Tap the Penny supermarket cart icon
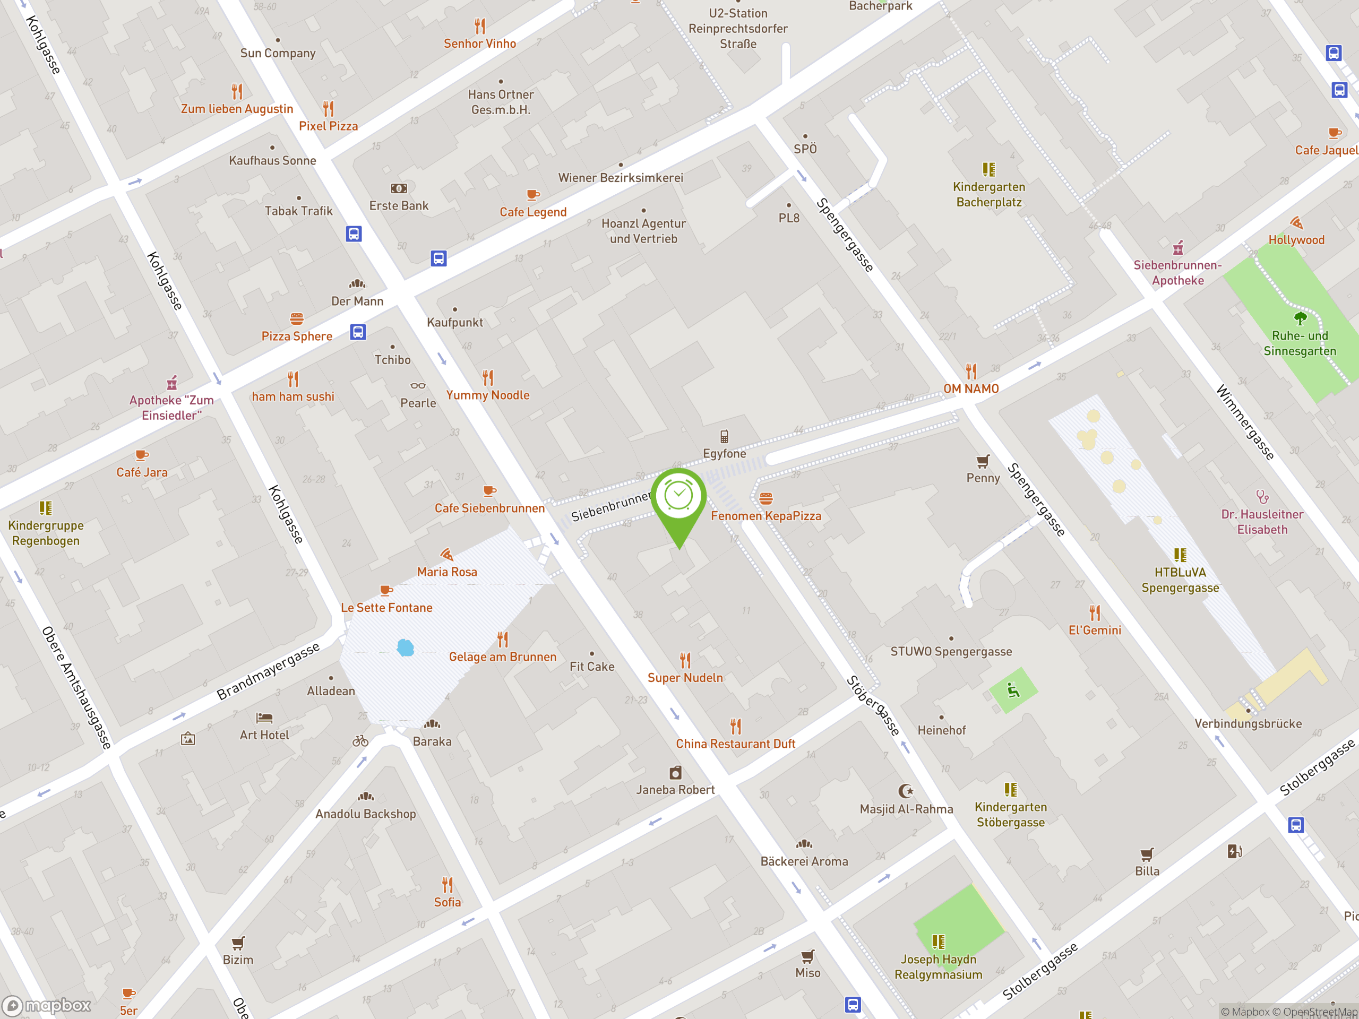[983, 461]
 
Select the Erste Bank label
[399, 206]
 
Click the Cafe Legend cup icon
[532, 195]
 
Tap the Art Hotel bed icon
[264, 718]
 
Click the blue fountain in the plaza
[406, 647]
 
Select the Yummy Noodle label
[488, 395]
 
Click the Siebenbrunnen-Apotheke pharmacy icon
[1178, 248]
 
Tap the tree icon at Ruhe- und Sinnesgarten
[1300, 318]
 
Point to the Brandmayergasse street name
[269, 671]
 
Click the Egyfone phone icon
[724, 436]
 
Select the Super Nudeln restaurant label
[685, 678]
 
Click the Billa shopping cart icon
[1147, 854]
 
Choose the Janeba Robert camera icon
[675, 772]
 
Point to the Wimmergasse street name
[1245, 422]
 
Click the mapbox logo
[47, 1006]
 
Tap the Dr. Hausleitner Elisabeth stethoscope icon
[1262, 496]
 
